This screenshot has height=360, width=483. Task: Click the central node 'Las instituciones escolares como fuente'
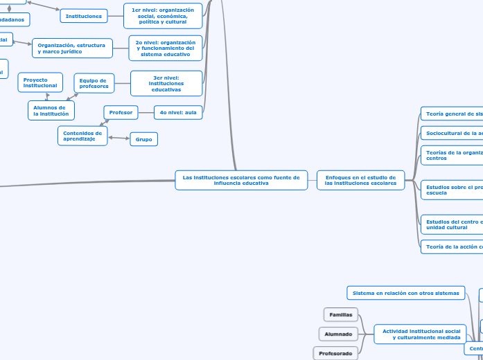point(241,180)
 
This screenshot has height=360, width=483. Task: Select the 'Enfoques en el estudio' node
point(360,180)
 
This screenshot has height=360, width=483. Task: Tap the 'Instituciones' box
point(84,16)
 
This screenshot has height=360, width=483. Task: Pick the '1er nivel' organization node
point(163,16)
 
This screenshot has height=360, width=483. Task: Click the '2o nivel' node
point(165,48)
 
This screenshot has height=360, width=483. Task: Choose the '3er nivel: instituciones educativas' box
point(166,84)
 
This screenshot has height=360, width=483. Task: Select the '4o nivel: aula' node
point(178,112)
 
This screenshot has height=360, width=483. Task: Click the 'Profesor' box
point(121,112)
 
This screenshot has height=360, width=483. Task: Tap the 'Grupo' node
point(143,140)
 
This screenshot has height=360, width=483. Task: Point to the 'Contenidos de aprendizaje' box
point(82,136)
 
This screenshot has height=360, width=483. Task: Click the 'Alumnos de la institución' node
point(51,111)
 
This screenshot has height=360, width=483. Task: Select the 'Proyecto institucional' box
point(40,82)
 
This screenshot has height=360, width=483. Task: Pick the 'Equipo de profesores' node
point(94,83)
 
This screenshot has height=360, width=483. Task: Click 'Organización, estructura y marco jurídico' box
point(72,48)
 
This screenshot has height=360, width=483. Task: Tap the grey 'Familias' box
point(340,315)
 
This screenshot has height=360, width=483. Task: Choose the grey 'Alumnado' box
point(338,334)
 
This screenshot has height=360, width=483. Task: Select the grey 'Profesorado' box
point(335,354)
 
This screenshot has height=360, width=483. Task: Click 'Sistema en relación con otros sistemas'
point(405,293)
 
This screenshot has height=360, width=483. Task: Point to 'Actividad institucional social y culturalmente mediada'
point(421,334)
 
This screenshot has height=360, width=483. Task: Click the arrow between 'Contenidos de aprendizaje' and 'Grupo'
point(119,138)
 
